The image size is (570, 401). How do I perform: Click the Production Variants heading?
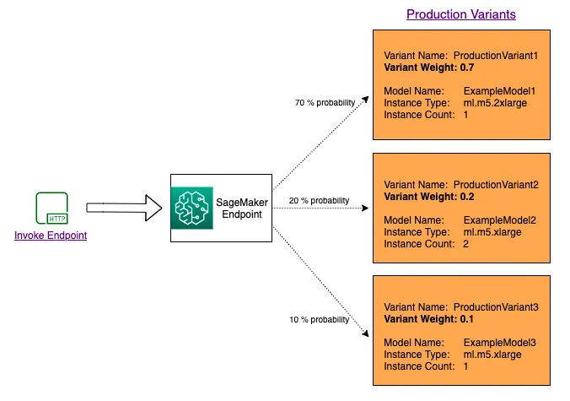pyautogui.click(x=460, y=14)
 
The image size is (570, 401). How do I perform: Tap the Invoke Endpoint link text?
pyautogui.click(x=51, y=236)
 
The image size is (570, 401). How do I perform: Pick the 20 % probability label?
pyautogui.click(x=319, y=200)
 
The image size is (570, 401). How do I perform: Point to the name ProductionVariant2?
pyautogui.click(x=497, y=184)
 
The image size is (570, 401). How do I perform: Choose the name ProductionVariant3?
pyautogui.click(x=497, y=307)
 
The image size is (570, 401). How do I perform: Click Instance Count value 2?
pyautogui.click(x=466, y=243)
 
